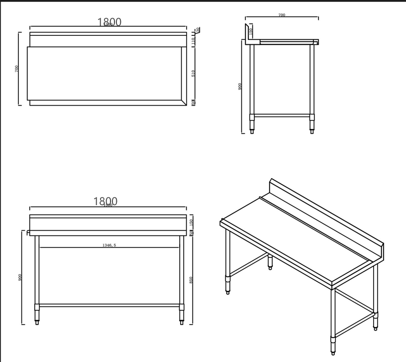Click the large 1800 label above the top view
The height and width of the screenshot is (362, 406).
(x=109, y=22)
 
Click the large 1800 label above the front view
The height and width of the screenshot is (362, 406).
(x=105, y=201)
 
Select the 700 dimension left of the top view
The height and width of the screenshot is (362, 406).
(x=16, y=68)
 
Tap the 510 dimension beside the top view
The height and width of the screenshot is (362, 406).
(x=193, y=73)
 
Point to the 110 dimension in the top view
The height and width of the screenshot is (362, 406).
(x=193, y=41)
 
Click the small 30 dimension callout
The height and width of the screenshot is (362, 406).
(x=198, y=30)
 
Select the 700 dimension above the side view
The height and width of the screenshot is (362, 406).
(x=282, y=15)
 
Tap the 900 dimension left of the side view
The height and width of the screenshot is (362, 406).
(x=240, y=86)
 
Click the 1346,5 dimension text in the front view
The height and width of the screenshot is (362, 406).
(x=109, y=245)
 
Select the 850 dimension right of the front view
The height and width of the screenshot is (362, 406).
(x=191, y=280)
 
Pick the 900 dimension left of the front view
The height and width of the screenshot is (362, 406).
(x=20, y=277)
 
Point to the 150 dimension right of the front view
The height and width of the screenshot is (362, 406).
(x=191, y=222)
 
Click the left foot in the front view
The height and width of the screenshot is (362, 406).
(x=37, y=322)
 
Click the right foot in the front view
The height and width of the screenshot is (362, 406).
(x=182, y=322)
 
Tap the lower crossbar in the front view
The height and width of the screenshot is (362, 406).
(x=109, y=305)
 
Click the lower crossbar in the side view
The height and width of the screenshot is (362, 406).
(x=282, y=116)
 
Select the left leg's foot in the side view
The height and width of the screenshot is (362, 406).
(x=252, y=131)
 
